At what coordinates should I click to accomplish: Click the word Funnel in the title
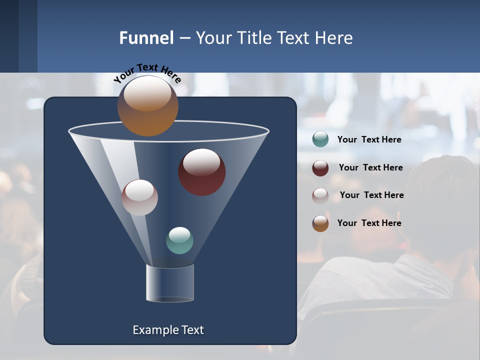[146, 38]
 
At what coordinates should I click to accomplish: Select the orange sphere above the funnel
[147, 106]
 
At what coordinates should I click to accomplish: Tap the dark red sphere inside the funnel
[201, 172]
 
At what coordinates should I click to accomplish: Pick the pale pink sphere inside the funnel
[139, 197]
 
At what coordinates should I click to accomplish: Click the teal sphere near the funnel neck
[179, 240]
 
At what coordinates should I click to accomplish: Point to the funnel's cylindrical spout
[170, 283]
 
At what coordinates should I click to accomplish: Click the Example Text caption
[168, 330]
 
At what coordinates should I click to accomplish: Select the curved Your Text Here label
[147, 72]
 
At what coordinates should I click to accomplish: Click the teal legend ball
[320, 139]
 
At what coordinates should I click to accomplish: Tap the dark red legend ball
[320, 168]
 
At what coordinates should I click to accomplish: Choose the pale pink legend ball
[320, 195]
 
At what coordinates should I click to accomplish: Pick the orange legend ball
[320, 223]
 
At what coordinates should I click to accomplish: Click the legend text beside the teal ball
[369, 139]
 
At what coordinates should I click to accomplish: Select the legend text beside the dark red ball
[370, 167]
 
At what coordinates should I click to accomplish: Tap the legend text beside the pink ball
[371, 195]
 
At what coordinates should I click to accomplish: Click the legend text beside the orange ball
[369, 223]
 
